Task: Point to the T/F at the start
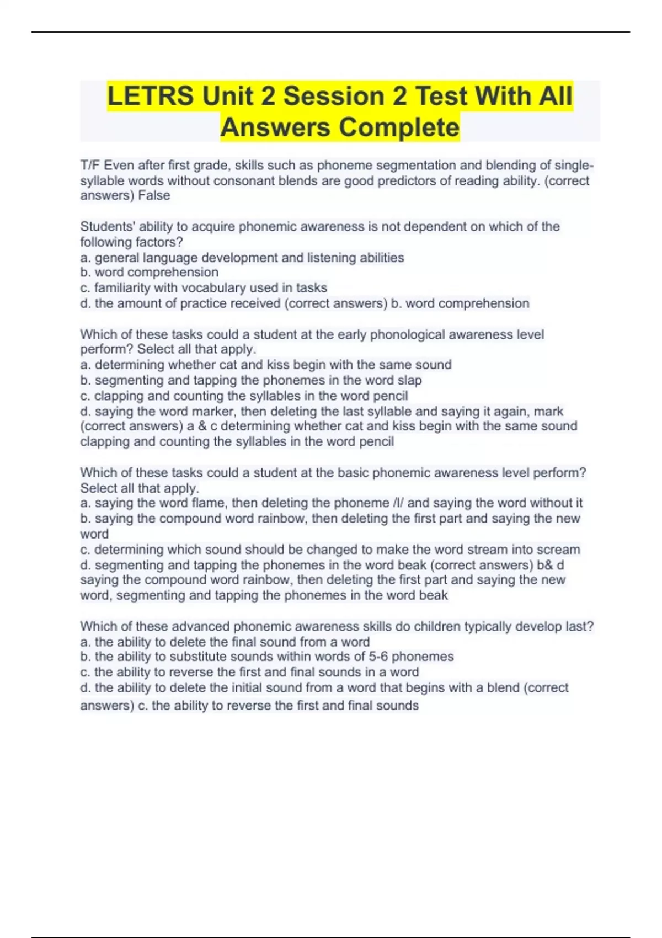click(x=90, y=166)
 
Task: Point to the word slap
click(x=409, y=380)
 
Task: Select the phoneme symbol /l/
click(x=398, y=503)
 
